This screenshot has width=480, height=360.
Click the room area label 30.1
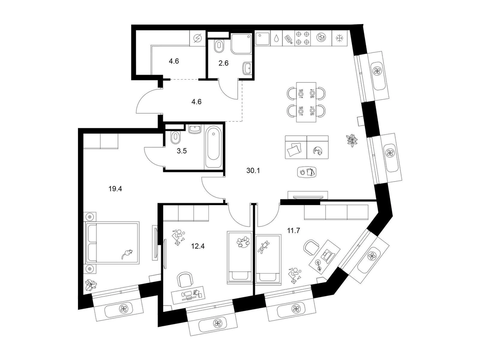[x=253, y=171]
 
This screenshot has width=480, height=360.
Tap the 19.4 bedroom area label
[x=115, y=188]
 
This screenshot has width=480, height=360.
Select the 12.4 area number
[x=198, y=246]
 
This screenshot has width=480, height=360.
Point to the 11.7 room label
[x=293, y=231]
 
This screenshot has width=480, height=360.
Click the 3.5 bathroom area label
[x=182, y=151]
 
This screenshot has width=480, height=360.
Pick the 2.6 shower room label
[x=223, y=63]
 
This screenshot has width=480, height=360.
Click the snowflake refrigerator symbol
[x=339, y=38]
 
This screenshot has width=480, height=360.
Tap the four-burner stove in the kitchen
[x=303, y=38]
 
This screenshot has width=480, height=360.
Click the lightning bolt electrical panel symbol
[x=198, y=38]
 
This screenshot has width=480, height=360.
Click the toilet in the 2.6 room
[x=218, y=46]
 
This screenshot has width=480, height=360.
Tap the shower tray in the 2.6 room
[x=241, y=44]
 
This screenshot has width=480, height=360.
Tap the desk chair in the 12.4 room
[x=185, y=280]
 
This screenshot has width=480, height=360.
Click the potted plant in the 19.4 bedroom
[x=91, y=285]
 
